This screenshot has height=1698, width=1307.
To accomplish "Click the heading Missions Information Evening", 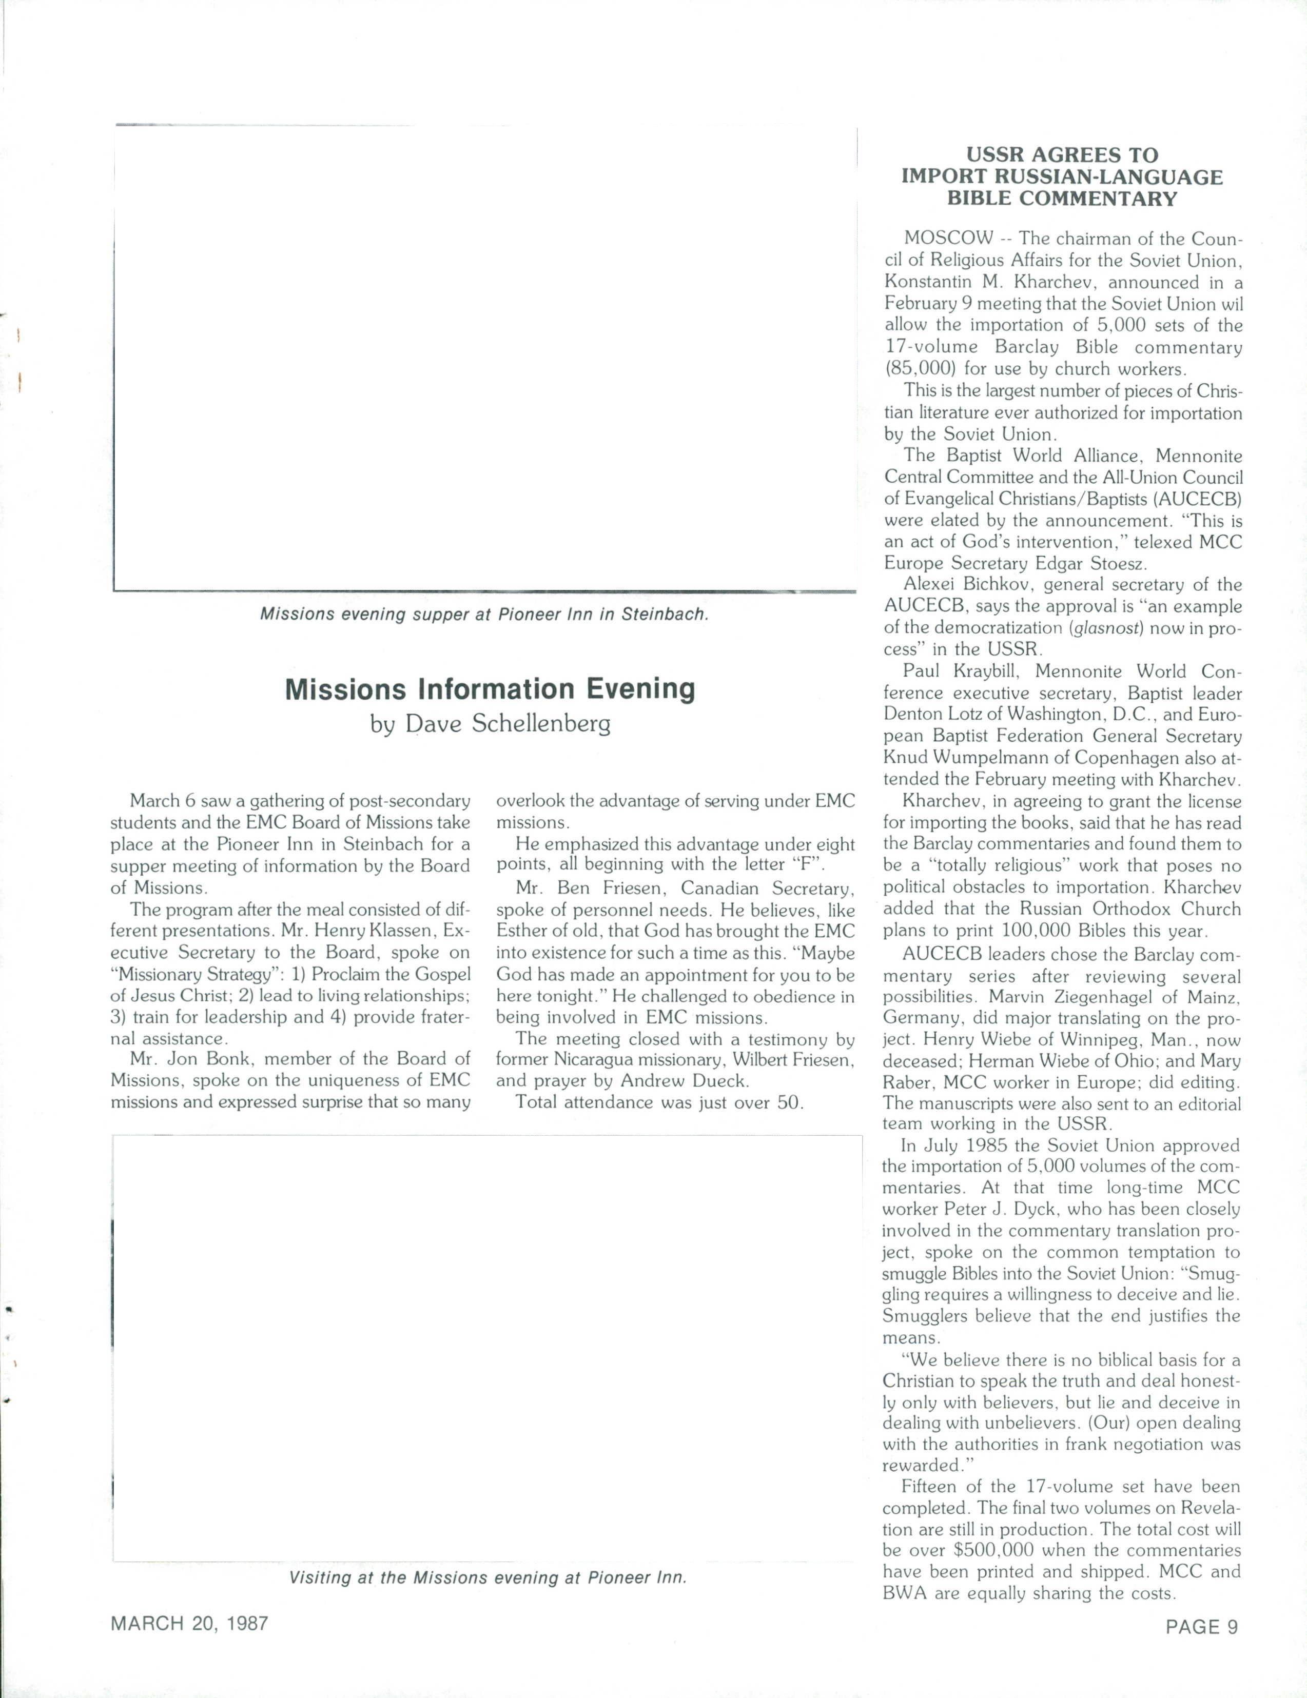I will [490, 689].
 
